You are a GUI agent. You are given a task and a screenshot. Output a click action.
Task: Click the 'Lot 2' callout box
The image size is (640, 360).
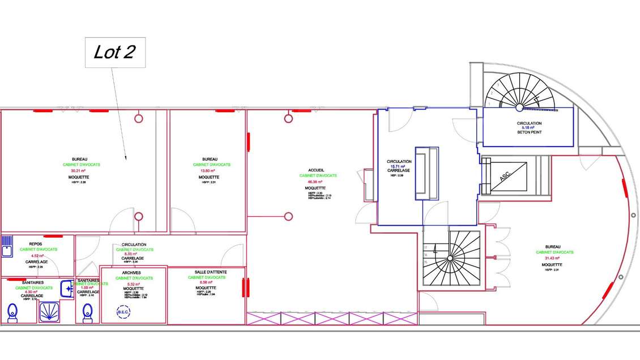115,53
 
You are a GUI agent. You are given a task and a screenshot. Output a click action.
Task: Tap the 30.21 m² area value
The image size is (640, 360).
79,170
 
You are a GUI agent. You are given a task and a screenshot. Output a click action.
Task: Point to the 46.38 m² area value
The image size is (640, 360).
318,181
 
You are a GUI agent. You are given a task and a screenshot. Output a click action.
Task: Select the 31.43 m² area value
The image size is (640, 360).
552,258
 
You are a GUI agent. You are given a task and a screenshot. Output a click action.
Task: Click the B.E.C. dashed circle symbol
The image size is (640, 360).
123,312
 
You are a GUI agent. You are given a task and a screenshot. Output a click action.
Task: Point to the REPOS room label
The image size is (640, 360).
35,244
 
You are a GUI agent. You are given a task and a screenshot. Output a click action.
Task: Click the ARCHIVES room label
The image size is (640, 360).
131,273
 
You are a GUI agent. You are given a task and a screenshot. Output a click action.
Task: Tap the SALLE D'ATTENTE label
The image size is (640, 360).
207,272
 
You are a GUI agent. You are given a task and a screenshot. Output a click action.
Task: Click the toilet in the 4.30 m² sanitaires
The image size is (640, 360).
12,312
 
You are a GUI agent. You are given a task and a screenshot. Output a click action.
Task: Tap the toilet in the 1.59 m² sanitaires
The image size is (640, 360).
87,312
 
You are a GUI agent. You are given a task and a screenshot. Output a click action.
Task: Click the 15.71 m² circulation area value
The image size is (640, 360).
399,166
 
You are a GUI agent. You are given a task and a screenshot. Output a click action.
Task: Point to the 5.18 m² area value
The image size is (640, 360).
529,128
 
